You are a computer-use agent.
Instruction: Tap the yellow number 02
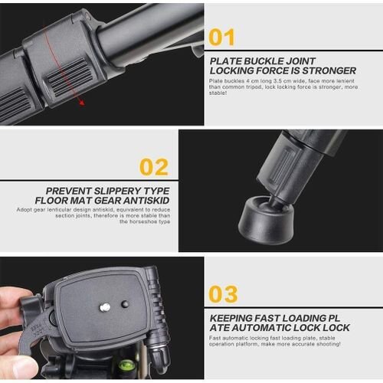(154, 166)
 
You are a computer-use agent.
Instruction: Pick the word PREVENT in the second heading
(72, 190)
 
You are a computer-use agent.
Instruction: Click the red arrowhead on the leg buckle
(81, 102)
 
